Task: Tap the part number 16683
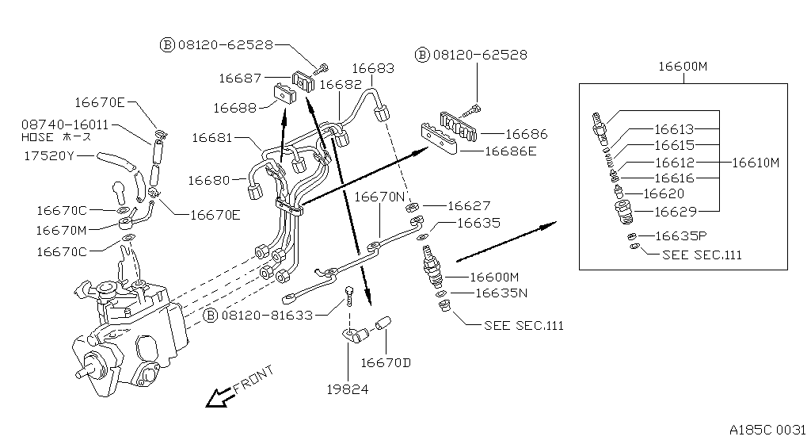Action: pos(373,69)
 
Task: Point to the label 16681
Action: pos(213,138)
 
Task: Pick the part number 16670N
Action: pos(379,196)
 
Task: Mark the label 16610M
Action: pos(755,163)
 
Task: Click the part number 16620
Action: pos(664,193)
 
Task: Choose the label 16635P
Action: pos(678,236)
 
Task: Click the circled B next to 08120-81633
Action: pos(211,316)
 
